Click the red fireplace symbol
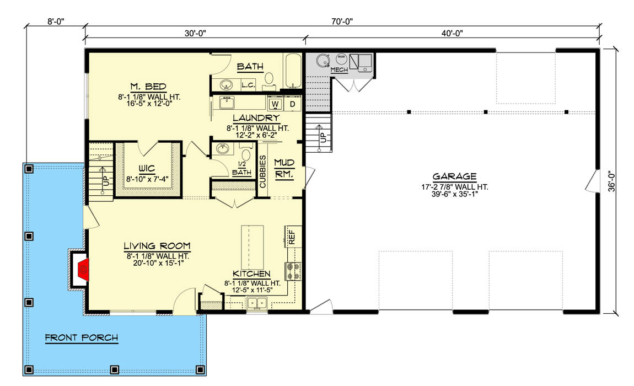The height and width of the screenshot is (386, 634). (83, 270)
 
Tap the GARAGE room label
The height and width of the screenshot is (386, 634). (454, 176)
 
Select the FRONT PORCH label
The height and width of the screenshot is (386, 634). (81, 337)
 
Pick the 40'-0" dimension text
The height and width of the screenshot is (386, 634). (452, 34)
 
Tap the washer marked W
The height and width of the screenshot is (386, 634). (275, 104)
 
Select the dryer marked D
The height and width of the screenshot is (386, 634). (292, 104)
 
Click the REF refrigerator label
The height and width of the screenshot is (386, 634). (292, 237)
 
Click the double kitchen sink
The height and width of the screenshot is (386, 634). (257, 302)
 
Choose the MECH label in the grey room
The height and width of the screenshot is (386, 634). (339, 70)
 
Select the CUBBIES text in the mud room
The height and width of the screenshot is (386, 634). (263, 171)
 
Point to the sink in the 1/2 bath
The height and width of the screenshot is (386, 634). (223, 149)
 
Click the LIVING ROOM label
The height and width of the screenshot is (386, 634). (157, 246)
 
